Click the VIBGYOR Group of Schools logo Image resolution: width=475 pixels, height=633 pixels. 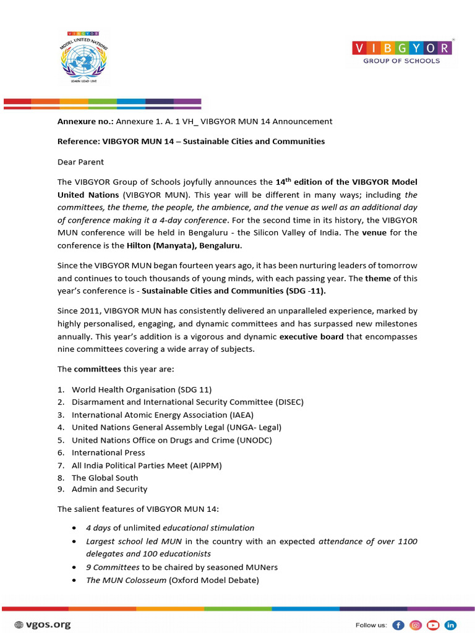(401, 52)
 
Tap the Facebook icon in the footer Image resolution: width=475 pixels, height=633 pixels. (398, 624)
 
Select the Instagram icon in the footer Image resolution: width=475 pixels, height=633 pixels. (416, 624)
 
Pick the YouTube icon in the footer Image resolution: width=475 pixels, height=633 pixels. (434, 624)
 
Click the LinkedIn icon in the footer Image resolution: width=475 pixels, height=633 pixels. (451, 624)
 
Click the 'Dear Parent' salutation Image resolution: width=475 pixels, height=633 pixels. (80, 162)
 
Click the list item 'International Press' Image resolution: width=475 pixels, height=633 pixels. (108, 452)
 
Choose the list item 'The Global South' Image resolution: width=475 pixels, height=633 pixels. (105, 477)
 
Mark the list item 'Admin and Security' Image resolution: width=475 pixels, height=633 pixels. (109, 489)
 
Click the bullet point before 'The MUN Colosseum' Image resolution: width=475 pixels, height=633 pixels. (75, 580)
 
